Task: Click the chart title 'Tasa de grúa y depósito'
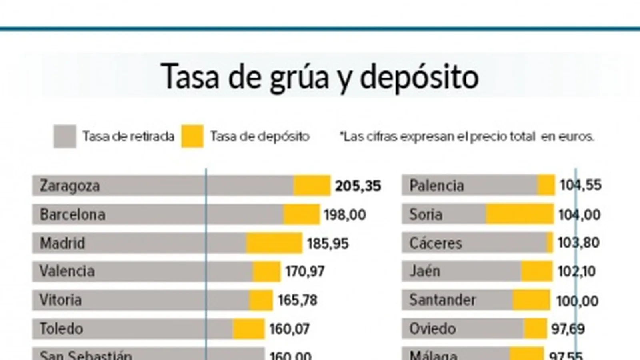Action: [x=320, y=76]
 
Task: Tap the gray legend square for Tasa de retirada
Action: [x=65, y=136]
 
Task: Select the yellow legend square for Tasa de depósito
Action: [x=192, y=136]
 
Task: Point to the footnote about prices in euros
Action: [x=467, y=137]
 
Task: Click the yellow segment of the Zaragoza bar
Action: [x=312, y=186]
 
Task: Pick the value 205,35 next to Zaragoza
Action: [x=358, y=186]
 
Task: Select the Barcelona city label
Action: [x=72, y=215]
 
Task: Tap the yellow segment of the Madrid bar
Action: [x=274, y=243]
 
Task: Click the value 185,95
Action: [x=328, y=244]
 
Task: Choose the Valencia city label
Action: [x=67, y=272]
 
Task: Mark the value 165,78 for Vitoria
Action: [x=298, y=300]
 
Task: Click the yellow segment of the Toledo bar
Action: [x=248, y=329]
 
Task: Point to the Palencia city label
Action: [x=436, y=186]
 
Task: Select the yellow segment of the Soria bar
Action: [x=520, y=214]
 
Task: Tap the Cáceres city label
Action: [x=436, y=243]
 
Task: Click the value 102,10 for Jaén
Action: [x=576, y=272]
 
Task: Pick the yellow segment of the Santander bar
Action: [x=531, y=300]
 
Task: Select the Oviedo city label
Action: [x=432, y=329]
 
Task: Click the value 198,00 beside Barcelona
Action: [x=345, y=215]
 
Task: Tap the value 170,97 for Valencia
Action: [x=305, y=272]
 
